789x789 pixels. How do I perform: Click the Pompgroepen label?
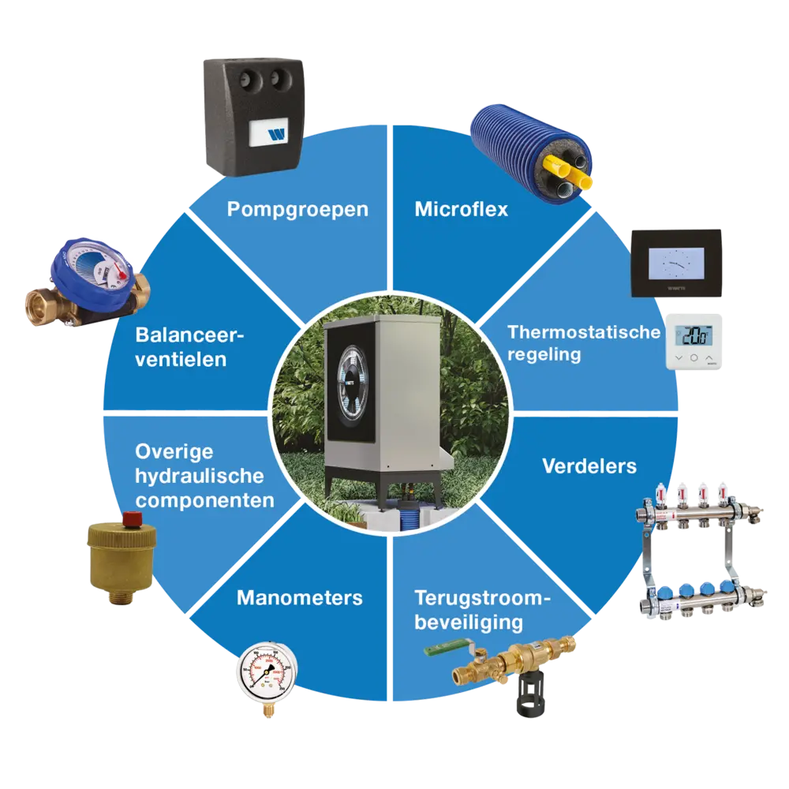[x=297, y=210]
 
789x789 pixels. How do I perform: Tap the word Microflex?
[x=462, y=210]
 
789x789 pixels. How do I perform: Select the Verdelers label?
[x=589, y=466]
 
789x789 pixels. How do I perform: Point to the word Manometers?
[x=299, y=597]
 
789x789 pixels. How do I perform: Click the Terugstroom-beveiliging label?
[x=481, y=610]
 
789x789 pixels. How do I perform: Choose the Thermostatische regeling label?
[x=583, y=342]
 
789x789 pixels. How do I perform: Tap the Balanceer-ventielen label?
[x=190, y=347]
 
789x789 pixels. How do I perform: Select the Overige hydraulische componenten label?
[x=204, y=476]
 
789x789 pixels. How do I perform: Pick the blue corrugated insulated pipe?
[x=529, y=154]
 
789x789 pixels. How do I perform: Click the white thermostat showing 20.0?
[x=694, y=341]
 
